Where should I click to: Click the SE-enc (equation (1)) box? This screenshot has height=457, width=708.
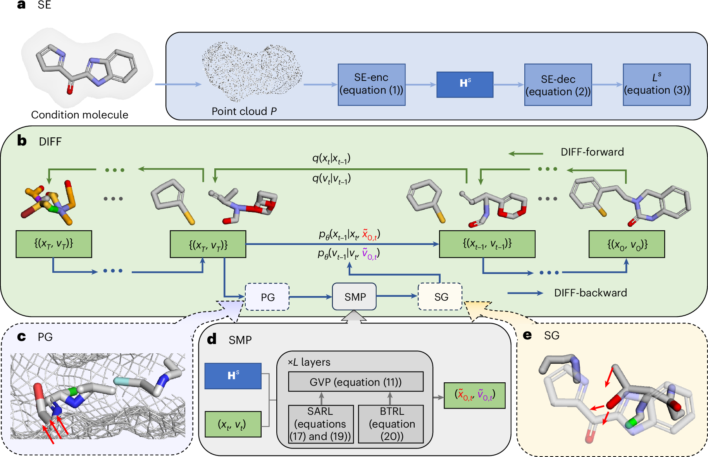(x=372, y=84)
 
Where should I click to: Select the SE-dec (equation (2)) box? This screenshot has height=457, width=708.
(x=558, y=84)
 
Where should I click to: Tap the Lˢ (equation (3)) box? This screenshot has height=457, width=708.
(x=657, y=84)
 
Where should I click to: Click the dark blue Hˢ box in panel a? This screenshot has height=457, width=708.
(x=465, y=84)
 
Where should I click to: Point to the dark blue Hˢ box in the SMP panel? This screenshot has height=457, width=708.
(x=233, y=376)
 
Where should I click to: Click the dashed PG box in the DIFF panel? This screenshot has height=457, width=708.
(x=267, y=297)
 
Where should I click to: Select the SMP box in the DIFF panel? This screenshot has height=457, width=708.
(x=354, y=296)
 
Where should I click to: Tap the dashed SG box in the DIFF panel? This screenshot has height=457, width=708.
(x=440, y=296)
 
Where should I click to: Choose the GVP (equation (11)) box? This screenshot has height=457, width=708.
(x=356, y=382)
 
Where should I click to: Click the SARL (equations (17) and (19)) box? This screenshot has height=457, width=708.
(x=321, y=424)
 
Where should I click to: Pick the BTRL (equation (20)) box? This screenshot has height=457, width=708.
(x=391, y=424)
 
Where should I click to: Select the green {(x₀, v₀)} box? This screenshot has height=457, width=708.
(x=627, y=244)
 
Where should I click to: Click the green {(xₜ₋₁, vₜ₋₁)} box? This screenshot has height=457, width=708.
(x=487, y=244)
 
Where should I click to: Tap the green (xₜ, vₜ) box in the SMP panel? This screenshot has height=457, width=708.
(x=233, y=424)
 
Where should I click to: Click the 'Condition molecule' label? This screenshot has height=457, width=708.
(x=79, y=115)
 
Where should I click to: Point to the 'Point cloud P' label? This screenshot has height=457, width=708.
(x=244, y=111)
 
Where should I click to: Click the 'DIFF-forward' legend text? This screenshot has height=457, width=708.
(x=592, y=152)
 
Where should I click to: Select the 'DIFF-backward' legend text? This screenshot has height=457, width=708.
(x=591, y=293)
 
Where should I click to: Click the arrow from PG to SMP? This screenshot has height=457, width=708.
(x=311, y=297)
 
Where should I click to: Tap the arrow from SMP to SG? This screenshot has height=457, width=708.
(x=397, y=296)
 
